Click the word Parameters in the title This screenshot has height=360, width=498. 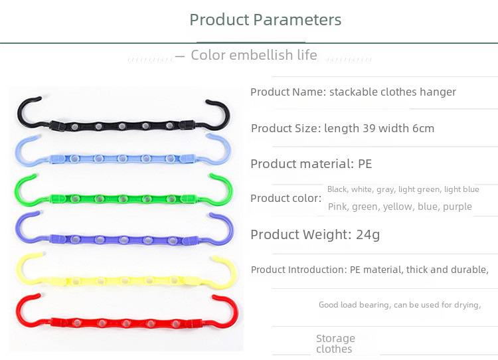tap(297, 20)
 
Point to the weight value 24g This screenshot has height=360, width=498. tap(368, 235)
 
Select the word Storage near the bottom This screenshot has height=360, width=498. tap(335, 339)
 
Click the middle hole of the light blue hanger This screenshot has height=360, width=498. tap(123, 159)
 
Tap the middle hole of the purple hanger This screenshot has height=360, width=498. tap(124, 240)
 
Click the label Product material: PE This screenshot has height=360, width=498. tap(311, 164)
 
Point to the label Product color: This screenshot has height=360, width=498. tap(286, 199)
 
